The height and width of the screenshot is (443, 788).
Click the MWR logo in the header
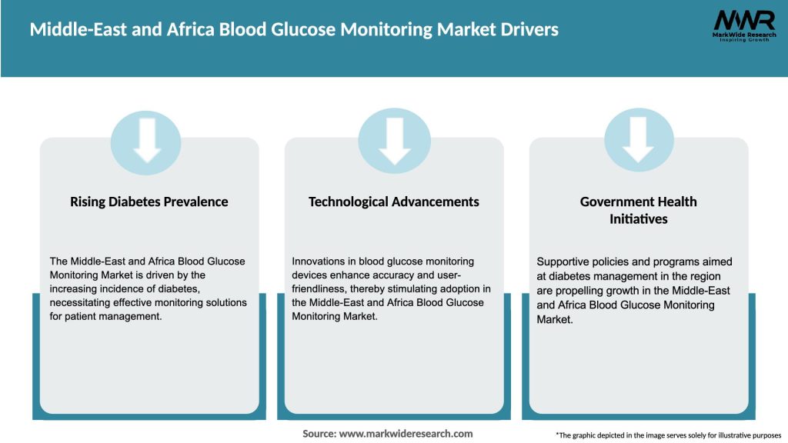(743, 20)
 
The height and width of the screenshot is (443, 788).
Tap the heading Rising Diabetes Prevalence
(149, 202)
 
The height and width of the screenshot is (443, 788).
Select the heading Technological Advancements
(393, 202)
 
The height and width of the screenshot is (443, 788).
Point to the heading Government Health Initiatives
(638, 210)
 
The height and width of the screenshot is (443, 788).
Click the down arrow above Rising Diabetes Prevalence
(146, 138)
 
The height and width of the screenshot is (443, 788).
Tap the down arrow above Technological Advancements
(394, 138)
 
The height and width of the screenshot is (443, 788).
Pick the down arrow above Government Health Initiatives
(638, 138)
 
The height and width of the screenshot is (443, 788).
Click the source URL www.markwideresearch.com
(406, 434)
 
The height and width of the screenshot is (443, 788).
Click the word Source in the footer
(319, 434)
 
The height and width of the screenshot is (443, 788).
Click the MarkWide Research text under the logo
(743, 35)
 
